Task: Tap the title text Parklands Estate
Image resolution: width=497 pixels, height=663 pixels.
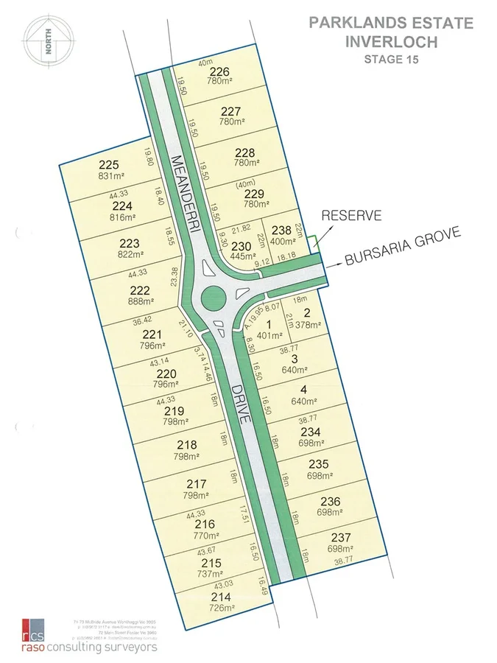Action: click(390, 24)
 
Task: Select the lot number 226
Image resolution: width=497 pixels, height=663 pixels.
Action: click(219, 71)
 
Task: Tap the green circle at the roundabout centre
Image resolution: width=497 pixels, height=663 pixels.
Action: click(213, 297)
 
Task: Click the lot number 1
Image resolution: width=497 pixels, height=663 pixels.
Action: click(268, 325)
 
